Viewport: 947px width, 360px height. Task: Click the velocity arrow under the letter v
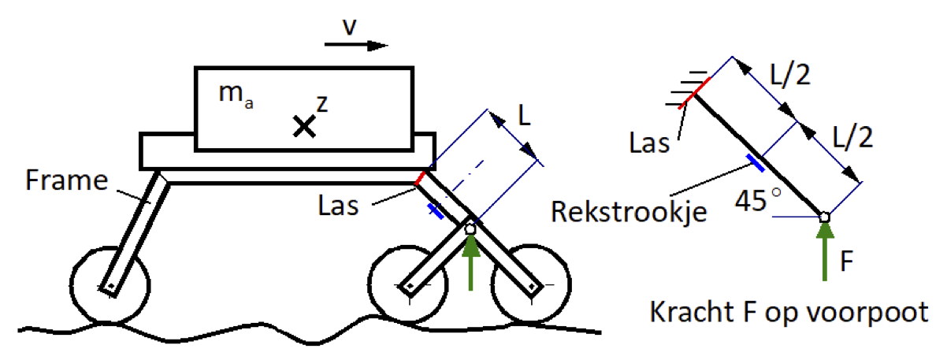point(356,45)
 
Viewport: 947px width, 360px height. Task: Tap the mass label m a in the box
point(236,95)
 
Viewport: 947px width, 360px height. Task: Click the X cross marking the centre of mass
point(304,126)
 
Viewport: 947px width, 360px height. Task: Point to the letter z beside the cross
point(321,104)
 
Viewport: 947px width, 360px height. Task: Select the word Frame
point(67,180)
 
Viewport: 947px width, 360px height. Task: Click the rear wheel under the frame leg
point(110,285)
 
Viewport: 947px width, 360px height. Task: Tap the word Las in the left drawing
point(338,206)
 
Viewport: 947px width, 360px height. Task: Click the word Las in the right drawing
point(649,143)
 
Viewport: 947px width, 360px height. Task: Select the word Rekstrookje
point(629,212)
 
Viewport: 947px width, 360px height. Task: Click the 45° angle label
point(758,200)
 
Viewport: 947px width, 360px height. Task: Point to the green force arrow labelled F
point(824,251)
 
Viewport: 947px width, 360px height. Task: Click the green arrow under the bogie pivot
point(470,262)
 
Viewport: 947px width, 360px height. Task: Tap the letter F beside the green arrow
point(847,261)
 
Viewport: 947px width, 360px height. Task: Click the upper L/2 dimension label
point(790,76)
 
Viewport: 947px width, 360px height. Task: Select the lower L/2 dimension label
point(852,137)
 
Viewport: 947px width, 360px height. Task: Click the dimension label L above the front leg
point(524,115)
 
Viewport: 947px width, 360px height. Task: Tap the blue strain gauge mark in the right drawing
point(756,163)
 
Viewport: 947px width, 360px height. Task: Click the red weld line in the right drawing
point(695,94)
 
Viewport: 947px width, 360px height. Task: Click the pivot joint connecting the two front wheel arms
point(470,228)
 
